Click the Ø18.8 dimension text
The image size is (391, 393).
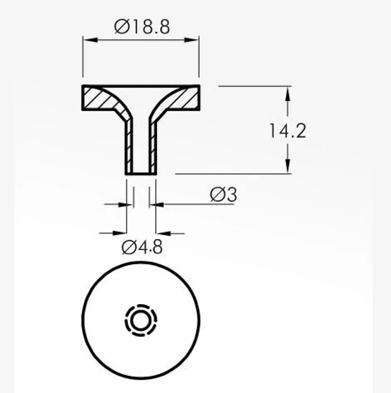(142, 27)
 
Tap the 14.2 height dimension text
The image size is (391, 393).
(288, 131)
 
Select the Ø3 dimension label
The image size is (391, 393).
(223, 195)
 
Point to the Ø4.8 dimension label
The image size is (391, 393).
(142, 247)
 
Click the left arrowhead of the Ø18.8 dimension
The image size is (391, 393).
(90, 40)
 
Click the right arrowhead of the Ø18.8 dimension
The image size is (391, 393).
(192, 40)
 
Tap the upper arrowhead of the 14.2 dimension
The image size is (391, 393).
(288, 94)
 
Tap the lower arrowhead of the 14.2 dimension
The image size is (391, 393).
(288, 166)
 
